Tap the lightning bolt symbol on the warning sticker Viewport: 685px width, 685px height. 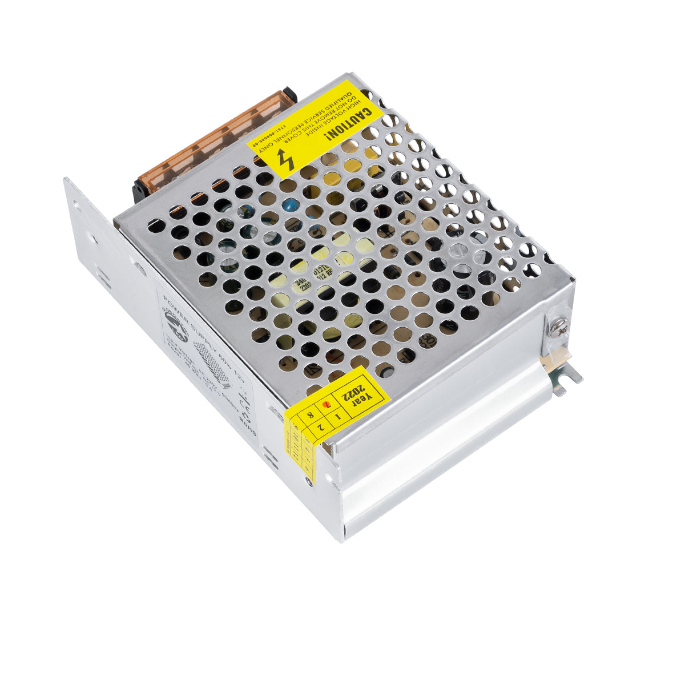coord(285,160)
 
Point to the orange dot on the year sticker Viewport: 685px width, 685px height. coord(326,405)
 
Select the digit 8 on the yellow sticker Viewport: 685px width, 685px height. coord(310,415)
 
